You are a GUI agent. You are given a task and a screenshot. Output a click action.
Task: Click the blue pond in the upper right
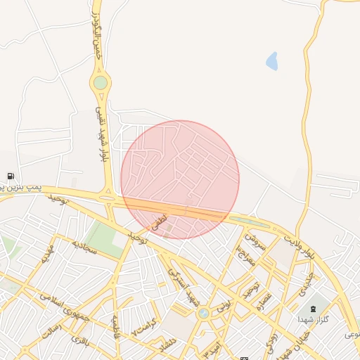point(271,61)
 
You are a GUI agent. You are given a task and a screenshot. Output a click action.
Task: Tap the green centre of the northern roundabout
point(101,83)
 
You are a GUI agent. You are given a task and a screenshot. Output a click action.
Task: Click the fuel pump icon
point(11,176)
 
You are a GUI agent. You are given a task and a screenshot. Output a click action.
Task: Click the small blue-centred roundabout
point(204,313)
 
